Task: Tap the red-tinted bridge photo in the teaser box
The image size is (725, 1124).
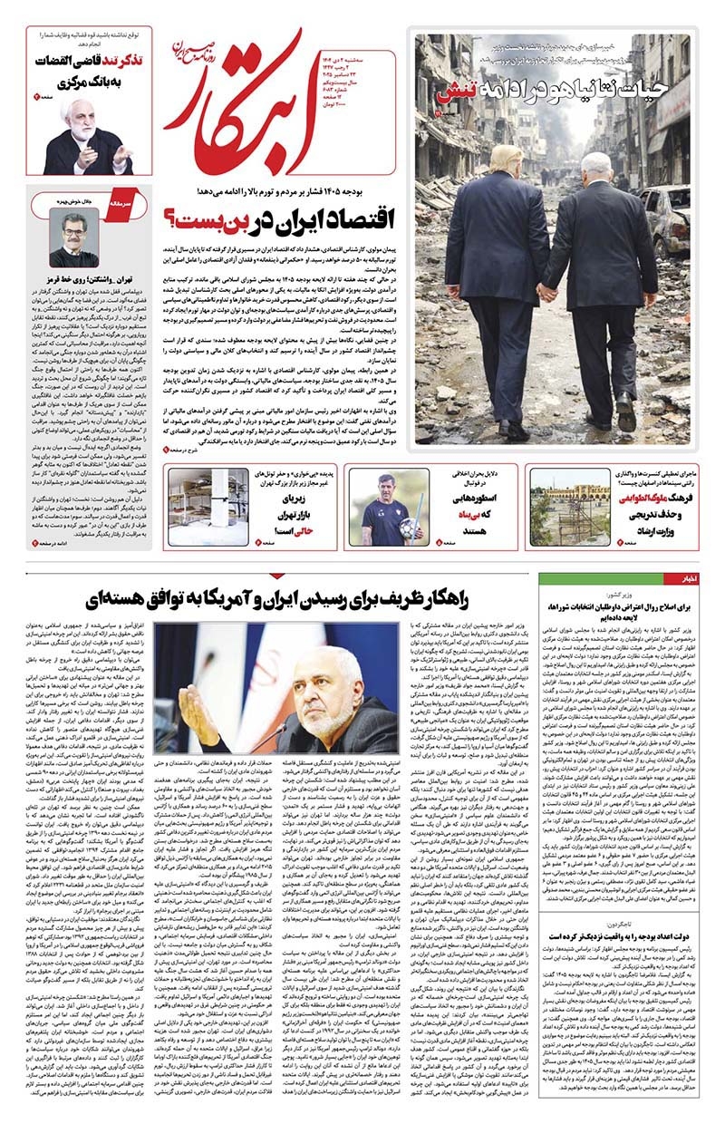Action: [589, 508]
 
